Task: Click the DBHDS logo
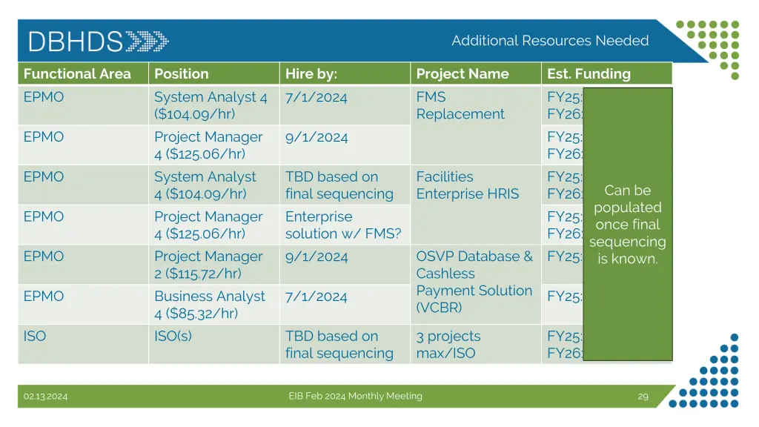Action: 98,41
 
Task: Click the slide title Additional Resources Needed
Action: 550,41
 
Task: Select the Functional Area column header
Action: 77,73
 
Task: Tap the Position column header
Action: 182,73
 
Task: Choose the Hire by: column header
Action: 311,73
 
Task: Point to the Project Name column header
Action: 463,73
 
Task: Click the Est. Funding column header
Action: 589,73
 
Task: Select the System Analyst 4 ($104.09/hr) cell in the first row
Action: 211,105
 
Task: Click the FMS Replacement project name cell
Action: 460,105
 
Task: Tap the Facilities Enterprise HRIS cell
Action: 467,185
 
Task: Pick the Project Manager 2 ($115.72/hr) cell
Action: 208,265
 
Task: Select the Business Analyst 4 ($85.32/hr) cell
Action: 209,305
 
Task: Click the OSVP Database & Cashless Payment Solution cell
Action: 474,282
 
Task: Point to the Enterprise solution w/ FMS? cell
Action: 342,225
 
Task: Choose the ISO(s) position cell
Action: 173,336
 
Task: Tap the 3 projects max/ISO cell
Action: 448,345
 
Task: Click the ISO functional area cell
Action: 35,336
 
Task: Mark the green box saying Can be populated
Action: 628,224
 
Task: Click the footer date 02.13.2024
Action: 45,397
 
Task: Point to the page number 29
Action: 643,397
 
